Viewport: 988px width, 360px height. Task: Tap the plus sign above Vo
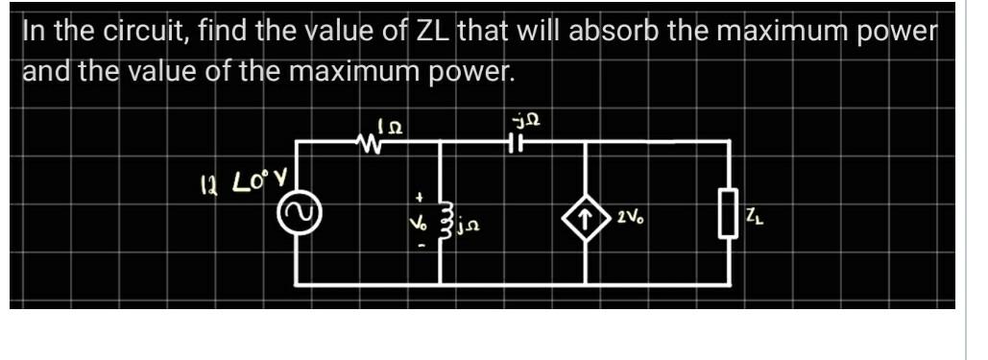coord(418,196)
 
